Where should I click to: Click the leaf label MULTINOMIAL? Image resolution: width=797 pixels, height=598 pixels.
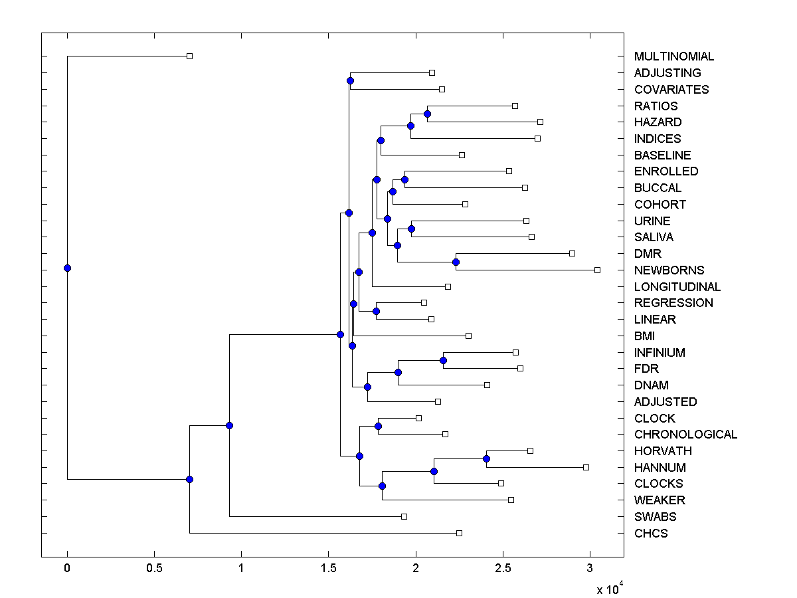tap(674, 56)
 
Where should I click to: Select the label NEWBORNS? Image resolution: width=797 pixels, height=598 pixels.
tap(669, 270)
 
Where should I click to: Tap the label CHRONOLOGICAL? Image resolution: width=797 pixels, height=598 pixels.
tap(685, 435)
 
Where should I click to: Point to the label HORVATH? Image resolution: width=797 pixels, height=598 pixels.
tap(663, 451)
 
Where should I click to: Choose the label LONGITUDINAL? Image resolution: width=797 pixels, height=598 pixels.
tap(677, 287)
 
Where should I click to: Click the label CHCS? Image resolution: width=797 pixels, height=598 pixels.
tap(651, 534)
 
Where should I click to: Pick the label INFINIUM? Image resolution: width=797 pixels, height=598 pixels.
tap(660, 353)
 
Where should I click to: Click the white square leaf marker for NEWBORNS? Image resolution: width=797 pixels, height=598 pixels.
tap(597, 270)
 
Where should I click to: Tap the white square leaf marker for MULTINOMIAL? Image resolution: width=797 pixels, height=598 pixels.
tap(189, 56)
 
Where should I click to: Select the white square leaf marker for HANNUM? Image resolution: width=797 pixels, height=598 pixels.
tap(586, 467)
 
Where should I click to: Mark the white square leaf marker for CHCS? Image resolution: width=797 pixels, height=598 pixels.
tap(459, 533)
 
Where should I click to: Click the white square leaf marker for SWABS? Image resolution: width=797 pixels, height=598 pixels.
tap(404, 516)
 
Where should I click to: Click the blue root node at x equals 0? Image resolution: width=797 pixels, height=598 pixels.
tap(67, 268)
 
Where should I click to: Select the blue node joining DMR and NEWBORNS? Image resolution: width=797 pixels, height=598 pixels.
tap(456, 262)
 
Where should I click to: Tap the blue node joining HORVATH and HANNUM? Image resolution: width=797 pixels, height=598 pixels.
tap(486, 458)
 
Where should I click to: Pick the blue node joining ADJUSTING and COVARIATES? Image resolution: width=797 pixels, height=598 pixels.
tap(351, 80)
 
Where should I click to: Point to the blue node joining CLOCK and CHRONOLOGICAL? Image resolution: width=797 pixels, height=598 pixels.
tap(378, 426)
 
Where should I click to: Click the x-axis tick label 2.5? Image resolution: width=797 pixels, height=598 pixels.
tap(503, 568)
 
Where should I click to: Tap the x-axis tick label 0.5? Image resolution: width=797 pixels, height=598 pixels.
tap(154, 568)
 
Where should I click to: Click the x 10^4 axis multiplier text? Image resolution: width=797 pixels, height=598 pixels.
tap(608, 589)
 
